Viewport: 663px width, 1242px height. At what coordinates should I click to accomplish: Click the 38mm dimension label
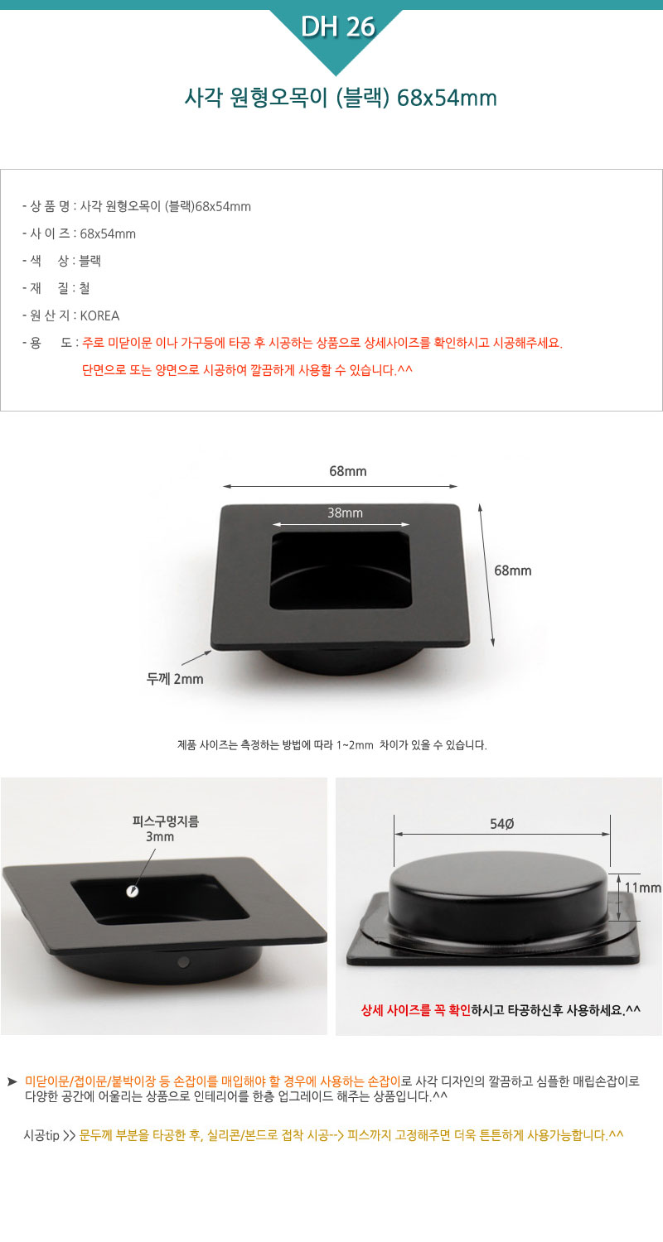click(x=345, y=513)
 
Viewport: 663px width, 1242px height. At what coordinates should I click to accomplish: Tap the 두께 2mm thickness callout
click(x=175, y=679)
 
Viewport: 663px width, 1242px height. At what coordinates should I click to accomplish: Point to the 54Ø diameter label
click(x=501, y=824)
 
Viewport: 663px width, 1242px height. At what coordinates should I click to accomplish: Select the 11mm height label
click(x=643, y=888)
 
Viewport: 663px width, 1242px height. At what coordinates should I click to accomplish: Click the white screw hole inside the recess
click(x=132, y=892)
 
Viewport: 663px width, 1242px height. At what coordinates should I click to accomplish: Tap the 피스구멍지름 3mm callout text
click(x=165, y=829)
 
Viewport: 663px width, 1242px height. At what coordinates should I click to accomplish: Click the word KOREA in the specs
click(x=100, y=315)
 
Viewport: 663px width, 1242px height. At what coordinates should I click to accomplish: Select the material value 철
click(x=85, y=288)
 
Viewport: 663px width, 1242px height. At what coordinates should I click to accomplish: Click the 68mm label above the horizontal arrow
click(x=348, y=471)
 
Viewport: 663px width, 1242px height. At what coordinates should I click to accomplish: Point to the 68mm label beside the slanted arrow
click(x=513, y=570)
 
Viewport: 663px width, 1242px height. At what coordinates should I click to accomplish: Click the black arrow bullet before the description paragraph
click(x=12, y=1081)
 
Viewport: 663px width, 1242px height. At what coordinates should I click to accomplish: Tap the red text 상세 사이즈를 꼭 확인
click(x=415, y=1009)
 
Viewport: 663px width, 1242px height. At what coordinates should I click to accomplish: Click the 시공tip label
click(x=41, y=1135)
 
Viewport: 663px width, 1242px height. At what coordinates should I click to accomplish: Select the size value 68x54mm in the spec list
click(x=108, y=234)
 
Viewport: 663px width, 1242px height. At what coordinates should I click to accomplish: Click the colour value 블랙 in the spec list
click(x=90, y=261)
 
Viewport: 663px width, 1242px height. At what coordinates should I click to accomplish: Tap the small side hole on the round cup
click(x=184, y=961)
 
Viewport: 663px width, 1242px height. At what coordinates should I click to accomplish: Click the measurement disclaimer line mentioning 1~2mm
click(x=331, y=745)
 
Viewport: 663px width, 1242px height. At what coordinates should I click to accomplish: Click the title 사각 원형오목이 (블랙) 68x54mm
click(x=341, y=99)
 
